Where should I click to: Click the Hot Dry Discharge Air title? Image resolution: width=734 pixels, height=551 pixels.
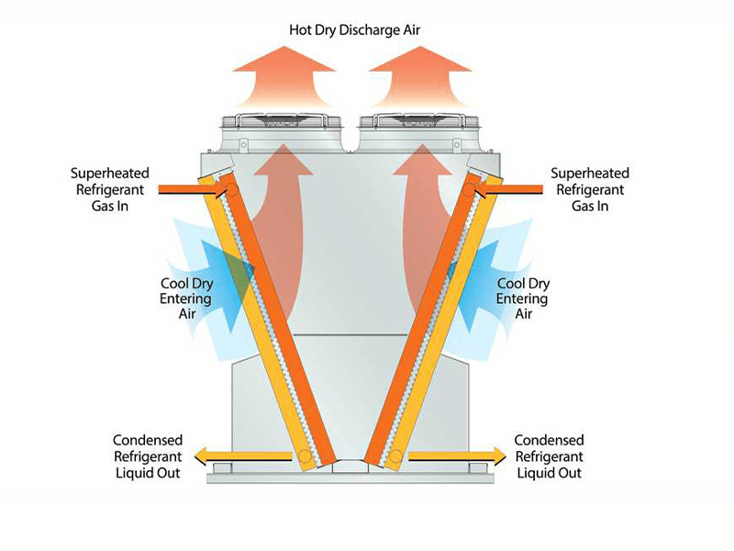click(x=366, y=30)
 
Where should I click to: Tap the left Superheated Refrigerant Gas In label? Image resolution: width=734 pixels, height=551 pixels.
click(x=109, y=189)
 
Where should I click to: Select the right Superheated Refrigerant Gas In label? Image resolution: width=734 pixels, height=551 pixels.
click(x=589, y=189)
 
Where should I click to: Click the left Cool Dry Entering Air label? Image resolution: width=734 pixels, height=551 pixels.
click(x=186, y=298)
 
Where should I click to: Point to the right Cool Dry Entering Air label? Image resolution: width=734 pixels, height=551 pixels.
click(x=522, y=298)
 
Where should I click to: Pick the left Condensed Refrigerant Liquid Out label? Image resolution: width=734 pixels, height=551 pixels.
click(x=148, y=456)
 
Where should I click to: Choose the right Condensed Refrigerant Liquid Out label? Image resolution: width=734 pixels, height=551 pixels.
click(x=549, y=456)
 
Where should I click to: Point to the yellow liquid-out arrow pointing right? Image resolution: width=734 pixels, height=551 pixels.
click(x=459, y=455)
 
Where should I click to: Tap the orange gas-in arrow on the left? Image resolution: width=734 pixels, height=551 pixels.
click(x=188, y=189)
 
